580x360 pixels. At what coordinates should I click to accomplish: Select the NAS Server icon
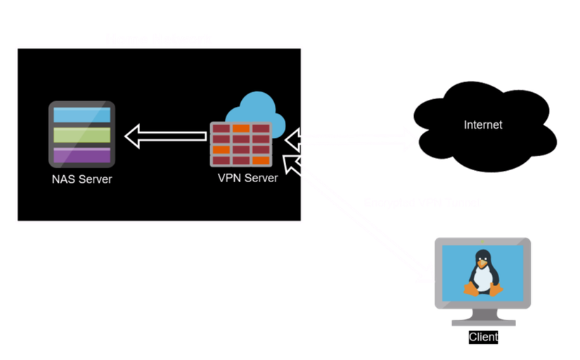[x=82, y=134]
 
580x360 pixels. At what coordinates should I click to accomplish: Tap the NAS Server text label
[x=82, y=179]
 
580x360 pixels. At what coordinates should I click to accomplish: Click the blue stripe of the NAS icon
[x=82, y=115]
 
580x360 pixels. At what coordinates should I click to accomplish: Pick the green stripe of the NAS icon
[x=82, y=134]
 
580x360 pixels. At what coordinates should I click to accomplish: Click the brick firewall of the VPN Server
[x=240, y=144]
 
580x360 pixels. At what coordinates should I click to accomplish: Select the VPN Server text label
[x=247, y=178]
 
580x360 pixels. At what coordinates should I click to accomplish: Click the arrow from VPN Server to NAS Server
[x=167, y=136]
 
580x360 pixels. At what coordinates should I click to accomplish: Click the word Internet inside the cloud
[x=483, y=125]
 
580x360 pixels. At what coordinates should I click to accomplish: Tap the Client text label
[x=484, y=337]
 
